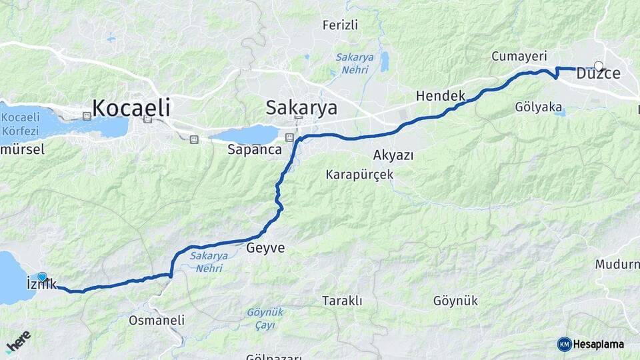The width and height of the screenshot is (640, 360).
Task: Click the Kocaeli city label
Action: (x=131, y=107)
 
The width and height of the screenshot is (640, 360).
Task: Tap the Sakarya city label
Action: (x=301, y=107)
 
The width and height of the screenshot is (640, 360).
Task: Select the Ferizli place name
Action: (x=340, y=25)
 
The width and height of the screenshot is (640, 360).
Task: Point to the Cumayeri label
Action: (x=519, y=56)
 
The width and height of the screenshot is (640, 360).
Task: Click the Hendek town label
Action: (x=440, y=96)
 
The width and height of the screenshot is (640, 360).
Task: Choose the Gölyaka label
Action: (x=538, y=107)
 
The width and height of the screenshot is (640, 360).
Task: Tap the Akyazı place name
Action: (x=393, y=155)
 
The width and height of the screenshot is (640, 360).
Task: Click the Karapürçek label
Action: (x=359, y=175)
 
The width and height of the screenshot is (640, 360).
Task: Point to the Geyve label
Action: (x=265, y=248)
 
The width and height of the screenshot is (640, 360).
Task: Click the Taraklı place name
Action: (x=342, y=301)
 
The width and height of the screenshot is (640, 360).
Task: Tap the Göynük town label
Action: (x=455, y=301)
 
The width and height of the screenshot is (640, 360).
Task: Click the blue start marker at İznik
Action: (x=43, y=277)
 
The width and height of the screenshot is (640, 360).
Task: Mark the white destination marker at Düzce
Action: (x=599, y=66)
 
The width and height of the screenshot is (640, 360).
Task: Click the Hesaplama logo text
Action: (x=597, y=344)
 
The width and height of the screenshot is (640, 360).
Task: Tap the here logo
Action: (x=18, y=341)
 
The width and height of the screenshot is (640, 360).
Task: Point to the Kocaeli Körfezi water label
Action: (x=21, y=123)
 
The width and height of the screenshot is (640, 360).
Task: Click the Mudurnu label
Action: (x=617, y=265)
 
